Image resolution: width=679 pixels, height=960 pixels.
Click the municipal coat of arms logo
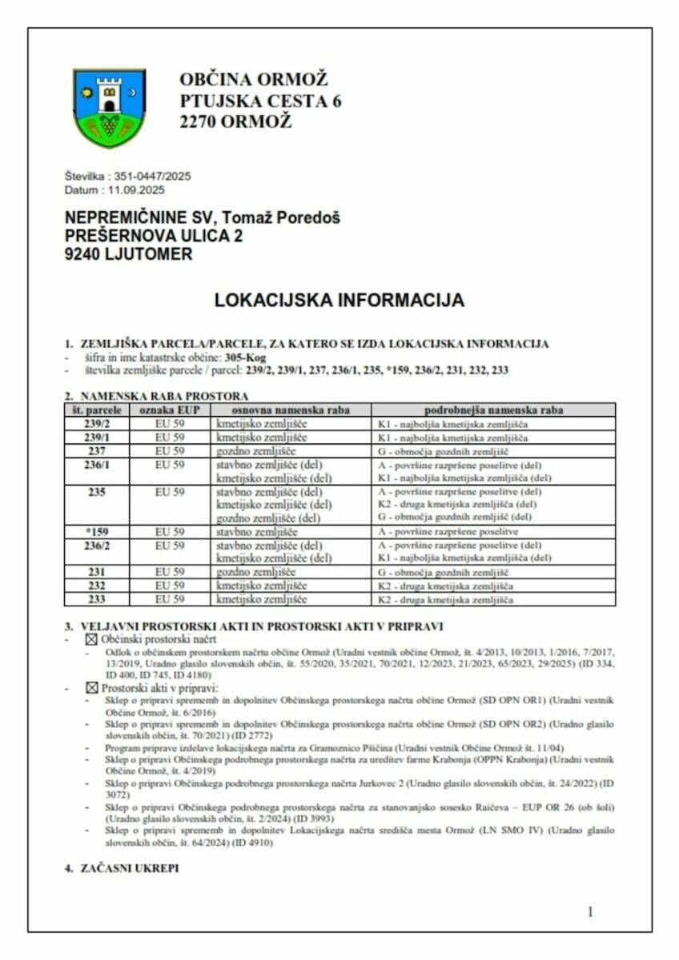(110, 107)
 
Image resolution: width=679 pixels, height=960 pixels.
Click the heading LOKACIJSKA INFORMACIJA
(339, 300)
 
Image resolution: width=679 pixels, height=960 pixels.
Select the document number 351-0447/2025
(153, 176)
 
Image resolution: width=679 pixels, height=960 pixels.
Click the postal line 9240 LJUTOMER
(129, 254)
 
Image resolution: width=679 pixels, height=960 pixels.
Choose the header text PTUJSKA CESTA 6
(260, 102)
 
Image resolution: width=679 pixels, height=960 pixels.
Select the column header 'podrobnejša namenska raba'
(493, 410)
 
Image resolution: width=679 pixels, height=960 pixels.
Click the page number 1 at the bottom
(590, 911)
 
